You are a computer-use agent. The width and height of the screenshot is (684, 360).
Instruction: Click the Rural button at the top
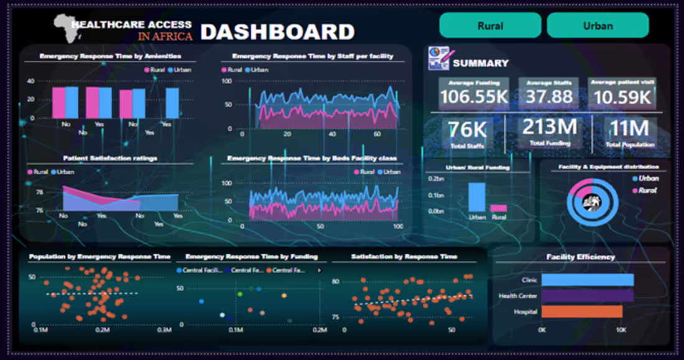click(490, 25)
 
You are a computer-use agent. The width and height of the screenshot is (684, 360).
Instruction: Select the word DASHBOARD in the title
click(277, 31)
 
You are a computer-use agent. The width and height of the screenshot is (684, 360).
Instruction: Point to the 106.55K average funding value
click(474, 97)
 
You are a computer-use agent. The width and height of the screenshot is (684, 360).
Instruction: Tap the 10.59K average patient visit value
click(622, 98)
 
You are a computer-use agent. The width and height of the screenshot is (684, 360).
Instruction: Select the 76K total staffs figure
click(468, 129)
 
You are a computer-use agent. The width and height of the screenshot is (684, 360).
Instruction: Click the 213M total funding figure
click(550, 127)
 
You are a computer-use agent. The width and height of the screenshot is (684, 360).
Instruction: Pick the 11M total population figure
click(629, 128)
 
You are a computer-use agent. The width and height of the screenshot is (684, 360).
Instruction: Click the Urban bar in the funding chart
click(477, 197)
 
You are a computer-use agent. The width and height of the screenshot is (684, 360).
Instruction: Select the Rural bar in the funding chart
click(498, 208)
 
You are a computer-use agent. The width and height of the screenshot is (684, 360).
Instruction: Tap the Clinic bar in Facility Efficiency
click(587, 280)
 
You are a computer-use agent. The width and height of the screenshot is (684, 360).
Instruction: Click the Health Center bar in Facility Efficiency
click(587, 296)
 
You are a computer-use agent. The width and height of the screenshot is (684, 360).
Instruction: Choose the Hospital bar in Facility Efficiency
click(581, 312)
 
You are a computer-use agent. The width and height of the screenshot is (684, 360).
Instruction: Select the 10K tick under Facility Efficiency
click(622, 329)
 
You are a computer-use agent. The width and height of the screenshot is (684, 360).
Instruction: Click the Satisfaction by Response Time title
click(404, 256)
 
